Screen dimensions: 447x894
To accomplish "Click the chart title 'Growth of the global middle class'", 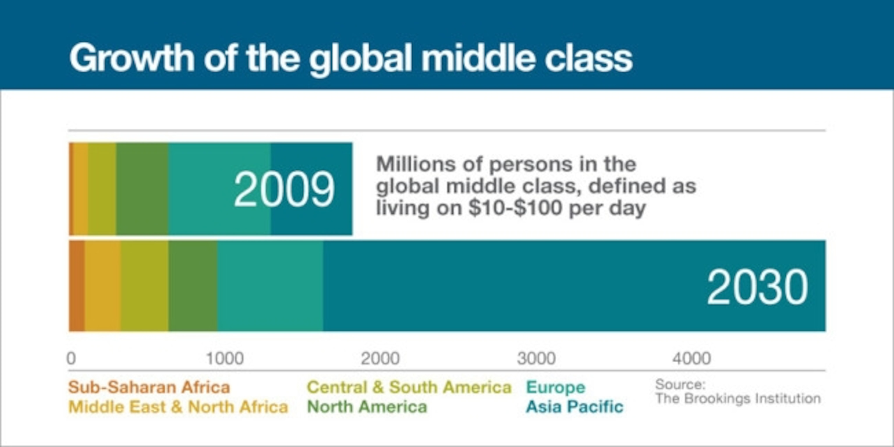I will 350,58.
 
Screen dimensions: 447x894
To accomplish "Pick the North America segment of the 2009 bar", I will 142,189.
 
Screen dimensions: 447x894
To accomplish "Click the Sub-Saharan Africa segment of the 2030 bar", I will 77,285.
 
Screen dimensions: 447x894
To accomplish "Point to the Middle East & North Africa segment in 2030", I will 103,285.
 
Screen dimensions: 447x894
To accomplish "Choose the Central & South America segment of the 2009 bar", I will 102,189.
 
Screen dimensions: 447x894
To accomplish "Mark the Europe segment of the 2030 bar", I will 270,285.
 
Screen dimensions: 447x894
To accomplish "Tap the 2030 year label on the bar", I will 758,287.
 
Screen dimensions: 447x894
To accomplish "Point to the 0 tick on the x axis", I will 71,358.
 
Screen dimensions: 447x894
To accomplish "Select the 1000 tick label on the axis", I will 225,358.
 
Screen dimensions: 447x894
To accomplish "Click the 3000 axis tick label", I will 536,358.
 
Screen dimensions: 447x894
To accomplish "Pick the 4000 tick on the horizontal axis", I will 692,358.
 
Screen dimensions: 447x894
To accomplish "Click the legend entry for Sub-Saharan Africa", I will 149,387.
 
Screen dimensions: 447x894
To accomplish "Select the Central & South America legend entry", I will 409,387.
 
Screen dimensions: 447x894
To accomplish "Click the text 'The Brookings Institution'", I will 738,398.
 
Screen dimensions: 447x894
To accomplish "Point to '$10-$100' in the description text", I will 515,208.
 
